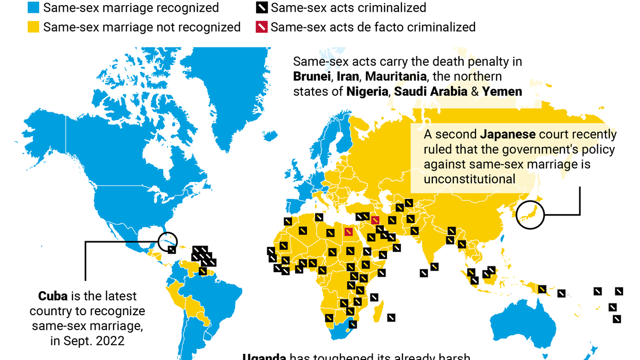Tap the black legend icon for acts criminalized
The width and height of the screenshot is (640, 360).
[x=262, y=8]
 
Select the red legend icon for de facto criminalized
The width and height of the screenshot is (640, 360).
[x=262, y=27]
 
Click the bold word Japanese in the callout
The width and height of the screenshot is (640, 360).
[x=508, y=135]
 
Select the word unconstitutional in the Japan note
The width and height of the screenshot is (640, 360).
[x=469, y=179]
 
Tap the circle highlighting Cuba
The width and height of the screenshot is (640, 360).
[x=169, y=241]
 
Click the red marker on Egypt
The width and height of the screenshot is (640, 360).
[x=349, y=232]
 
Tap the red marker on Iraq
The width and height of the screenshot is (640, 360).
[x=375, y=220]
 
